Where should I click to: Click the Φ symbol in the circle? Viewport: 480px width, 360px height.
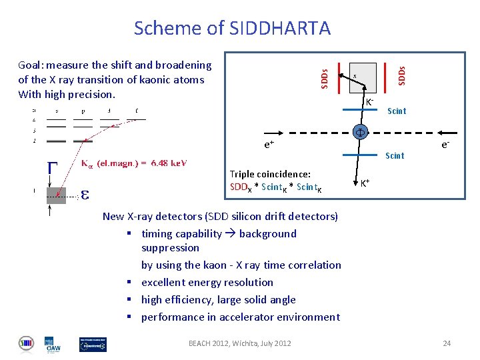point(358,131)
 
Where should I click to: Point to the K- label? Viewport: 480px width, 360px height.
point(369,102)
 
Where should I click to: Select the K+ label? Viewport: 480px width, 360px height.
point(366,182)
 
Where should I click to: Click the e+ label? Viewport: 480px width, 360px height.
point(269,144)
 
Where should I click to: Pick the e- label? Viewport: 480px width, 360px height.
point(444,144)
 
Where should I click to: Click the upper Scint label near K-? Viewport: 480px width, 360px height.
point(397,111)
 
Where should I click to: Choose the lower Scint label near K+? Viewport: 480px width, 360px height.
point(395,156)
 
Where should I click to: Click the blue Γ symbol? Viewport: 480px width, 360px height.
point(51,168)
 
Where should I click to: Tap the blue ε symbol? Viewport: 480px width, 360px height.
point(85,195)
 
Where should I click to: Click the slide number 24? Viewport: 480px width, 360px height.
point(447,343)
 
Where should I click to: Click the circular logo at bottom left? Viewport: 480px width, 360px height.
point(26,343)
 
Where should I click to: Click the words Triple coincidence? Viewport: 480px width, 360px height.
point(270,174)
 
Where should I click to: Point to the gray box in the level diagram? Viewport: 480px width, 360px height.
point(56,195)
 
